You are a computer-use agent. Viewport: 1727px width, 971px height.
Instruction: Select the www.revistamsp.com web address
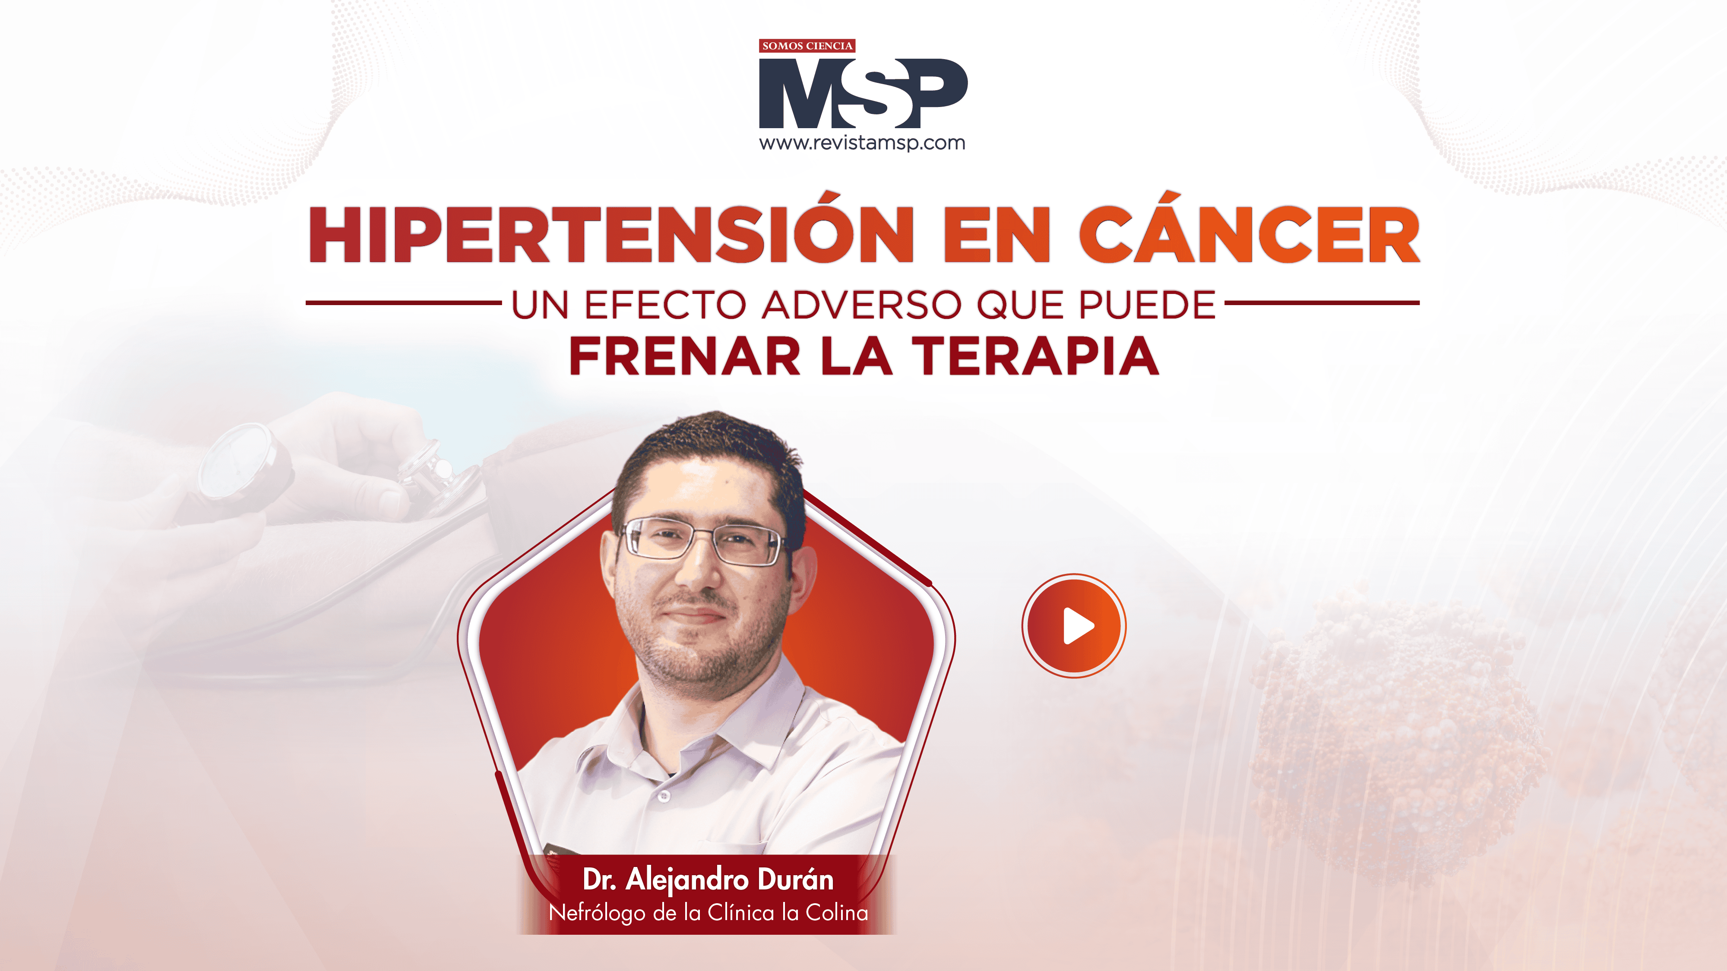[x=862, y=143]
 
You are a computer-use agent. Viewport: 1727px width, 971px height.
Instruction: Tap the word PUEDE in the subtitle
[x=1147, y=305]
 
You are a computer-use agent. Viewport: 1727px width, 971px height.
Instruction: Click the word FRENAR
[x=684, y=356]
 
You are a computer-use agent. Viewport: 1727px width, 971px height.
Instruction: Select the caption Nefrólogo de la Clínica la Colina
[x=708, y=913]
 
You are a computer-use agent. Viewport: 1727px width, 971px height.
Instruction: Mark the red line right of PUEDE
[x=1322, y=303]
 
